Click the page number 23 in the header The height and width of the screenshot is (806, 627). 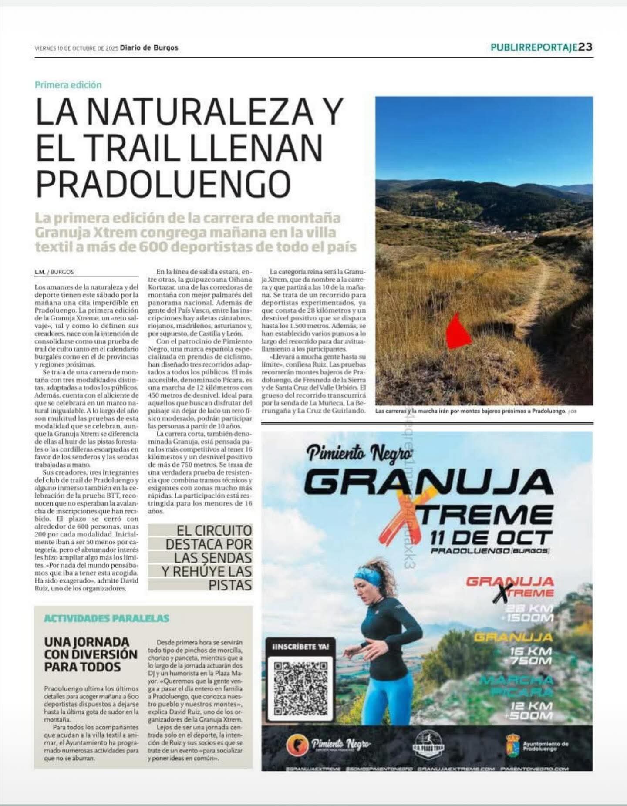[x=586, y=47]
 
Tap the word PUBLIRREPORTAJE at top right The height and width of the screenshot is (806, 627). [x=534, y=47]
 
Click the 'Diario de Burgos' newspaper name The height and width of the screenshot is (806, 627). [x=149, y=48]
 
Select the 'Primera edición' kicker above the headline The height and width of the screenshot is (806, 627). [x=68, y=85]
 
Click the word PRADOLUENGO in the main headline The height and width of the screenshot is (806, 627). [x=163, y=184]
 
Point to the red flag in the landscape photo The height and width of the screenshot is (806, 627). [x=458, y=331]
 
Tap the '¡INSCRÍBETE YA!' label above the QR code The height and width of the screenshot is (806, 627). [x=300, y=647]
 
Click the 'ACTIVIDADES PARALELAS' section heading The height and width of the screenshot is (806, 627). [x=107, y=618]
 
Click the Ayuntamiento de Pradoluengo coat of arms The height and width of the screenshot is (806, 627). [x=511, y=745]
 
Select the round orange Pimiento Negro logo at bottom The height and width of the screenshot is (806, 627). [x=297, y=745]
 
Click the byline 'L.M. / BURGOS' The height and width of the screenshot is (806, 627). [x=54, y=272]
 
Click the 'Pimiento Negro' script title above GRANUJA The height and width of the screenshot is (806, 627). [x=359, y=454]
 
